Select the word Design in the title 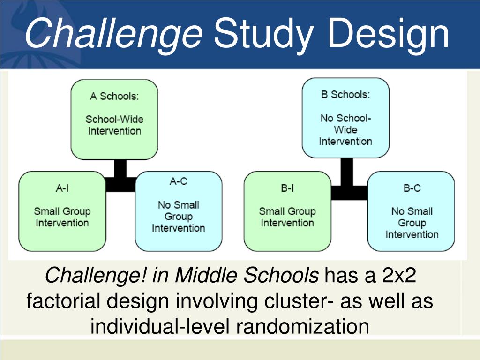coord(388,34)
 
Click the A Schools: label coord(114,96)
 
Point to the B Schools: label coord(345,94)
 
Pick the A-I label coord(62,187)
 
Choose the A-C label coord(179,181)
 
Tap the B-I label coord(287,187)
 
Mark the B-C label coord(412,187)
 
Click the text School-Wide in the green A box coord(114,119)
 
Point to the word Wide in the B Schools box coord(345,129)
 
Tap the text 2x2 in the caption coord(399,275)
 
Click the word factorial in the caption coord(63,300)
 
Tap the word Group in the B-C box coord(412,223)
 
